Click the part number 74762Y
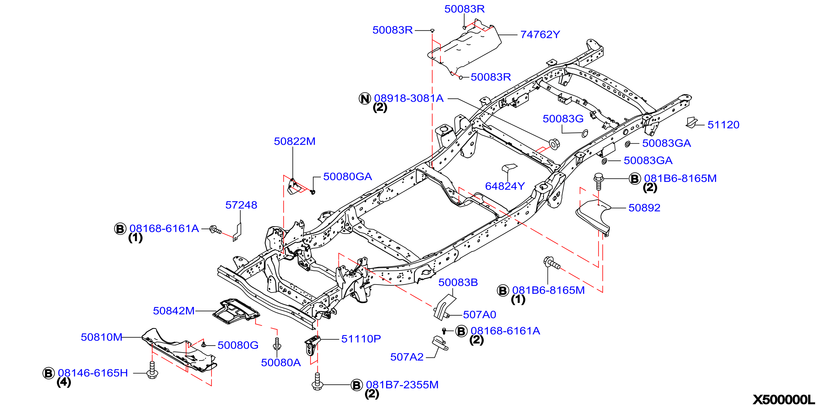pos(540,34)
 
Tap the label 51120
pos(723,125)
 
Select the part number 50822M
pos(295,141)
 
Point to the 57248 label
pos(241,205)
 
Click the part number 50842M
pos(174,311)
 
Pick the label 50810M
pos(102,337)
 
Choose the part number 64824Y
pos(505,186)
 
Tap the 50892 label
pos(644,207)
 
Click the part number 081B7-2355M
pos(402,384)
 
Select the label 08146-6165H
pos(93,373)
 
